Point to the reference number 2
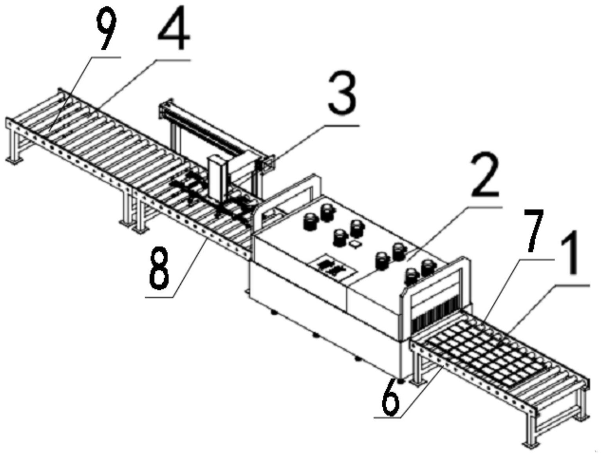[x=485, y=176]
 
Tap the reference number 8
[x=159, y=269]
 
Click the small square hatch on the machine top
[x=356, y=244]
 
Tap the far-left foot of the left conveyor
[x=11, y=160]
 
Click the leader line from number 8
[x=188, y=270]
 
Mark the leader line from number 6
[x=422, y=391]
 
